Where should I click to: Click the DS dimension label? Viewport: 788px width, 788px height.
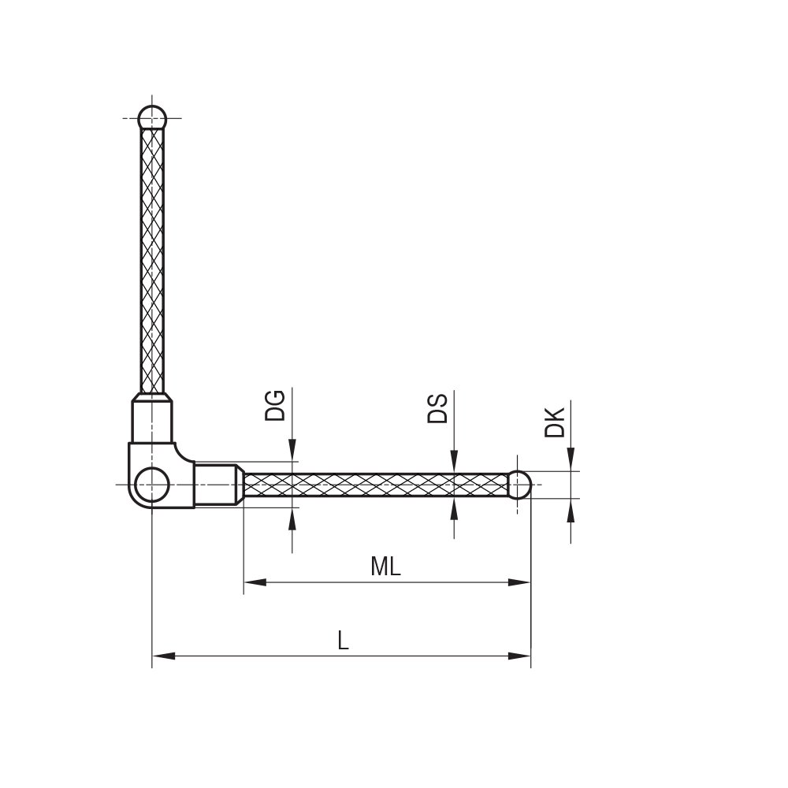coord(437,408)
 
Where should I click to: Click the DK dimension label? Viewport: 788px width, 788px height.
coord(555,422)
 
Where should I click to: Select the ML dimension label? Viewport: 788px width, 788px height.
coord(385,566)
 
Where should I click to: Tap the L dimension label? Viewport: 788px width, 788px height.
coord(342,640)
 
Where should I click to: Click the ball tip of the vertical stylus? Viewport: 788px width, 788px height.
coord(152,118)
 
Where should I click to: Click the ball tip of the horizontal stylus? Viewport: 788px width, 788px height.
coord(519,485)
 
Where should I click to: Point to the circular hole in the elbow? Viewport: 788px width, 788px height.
coord(151,485)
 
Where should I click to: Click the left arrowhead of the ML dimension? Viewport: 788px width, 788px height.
coord(254,582)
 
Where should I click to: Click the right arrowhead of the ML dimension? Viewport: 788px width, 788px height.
coord(520,582)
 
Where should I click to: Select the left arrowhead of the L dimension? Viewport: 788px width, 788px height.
coord(163,656)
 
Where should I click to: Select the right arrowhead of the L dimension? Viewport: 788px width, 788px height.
coord(520,656)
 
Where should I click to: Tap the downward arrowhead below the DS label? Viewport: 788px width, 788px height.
coord(454,463)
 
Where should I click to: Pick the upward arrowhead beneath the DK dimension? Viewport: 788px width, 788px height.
coord(571,510)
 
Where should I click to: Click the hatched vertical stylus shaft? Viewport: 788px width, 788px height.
coord(152,260)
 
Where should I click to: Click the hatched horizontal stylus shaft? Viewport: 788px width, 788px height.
coord(370,485)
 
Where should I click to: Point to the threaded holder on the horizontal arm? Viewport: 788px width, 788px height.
coord(216,485)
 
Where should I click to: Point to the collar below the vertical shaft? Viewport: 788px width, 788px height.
coord(152,422)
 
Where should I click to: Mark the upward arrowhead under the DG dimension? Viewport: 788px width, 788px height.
coord(292,519)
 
